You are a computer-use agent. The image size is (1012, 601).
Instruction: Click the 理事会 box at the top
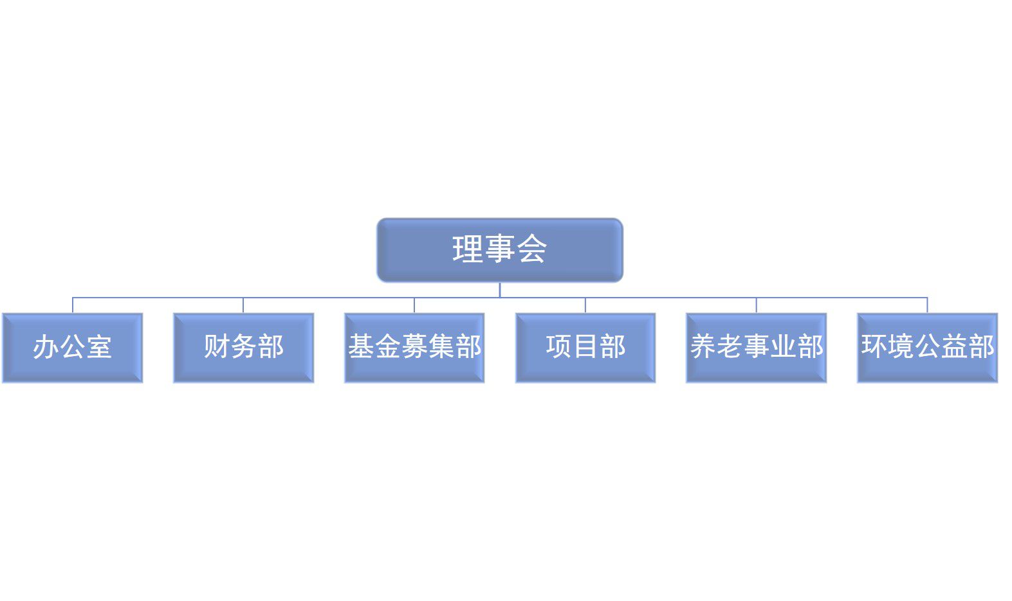500,250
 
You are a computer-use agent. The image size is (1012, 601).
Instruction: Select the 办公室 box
72,348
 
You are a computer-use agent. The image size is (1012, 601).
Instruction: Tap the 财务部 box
244,348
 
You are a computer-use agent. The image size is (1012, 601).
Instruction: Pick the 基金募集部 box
414,348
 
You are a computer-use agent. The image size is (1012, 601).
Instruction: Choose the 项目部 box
585,348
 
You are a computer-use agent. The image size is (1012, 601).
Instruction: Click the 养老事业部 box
757,348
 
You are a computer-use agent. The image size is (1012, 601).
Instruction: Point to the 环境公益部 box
928,348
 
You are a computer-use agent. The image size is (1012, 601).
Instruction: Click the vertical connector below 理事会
500,290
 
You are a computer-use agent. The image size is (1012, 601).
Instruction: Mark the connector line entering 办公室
73,305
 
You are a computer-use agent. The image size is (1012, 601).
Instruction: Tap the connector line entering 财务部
244,305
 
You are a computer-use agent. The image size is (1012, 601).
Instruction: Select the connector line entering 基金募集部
414,305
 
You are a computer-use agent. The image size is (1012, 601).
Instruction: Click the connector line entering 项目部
585,305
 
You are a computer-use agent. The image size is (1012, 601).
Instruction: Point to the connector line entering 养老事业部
757,305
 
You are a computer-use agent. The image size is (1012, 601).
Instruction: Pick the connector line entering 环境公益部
928,305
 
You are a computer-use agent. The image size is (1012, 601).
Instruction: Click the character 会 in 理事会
532,248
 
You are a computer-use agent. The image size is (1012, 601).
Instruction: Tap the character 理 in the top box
468,248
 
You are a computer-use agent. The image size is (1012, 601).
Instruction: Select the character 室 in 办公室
99,347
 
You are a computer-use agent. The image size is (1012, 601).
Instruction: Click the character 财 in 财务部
217,346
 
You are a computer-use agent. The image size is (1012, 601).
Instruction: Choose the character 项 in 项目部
559,346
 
